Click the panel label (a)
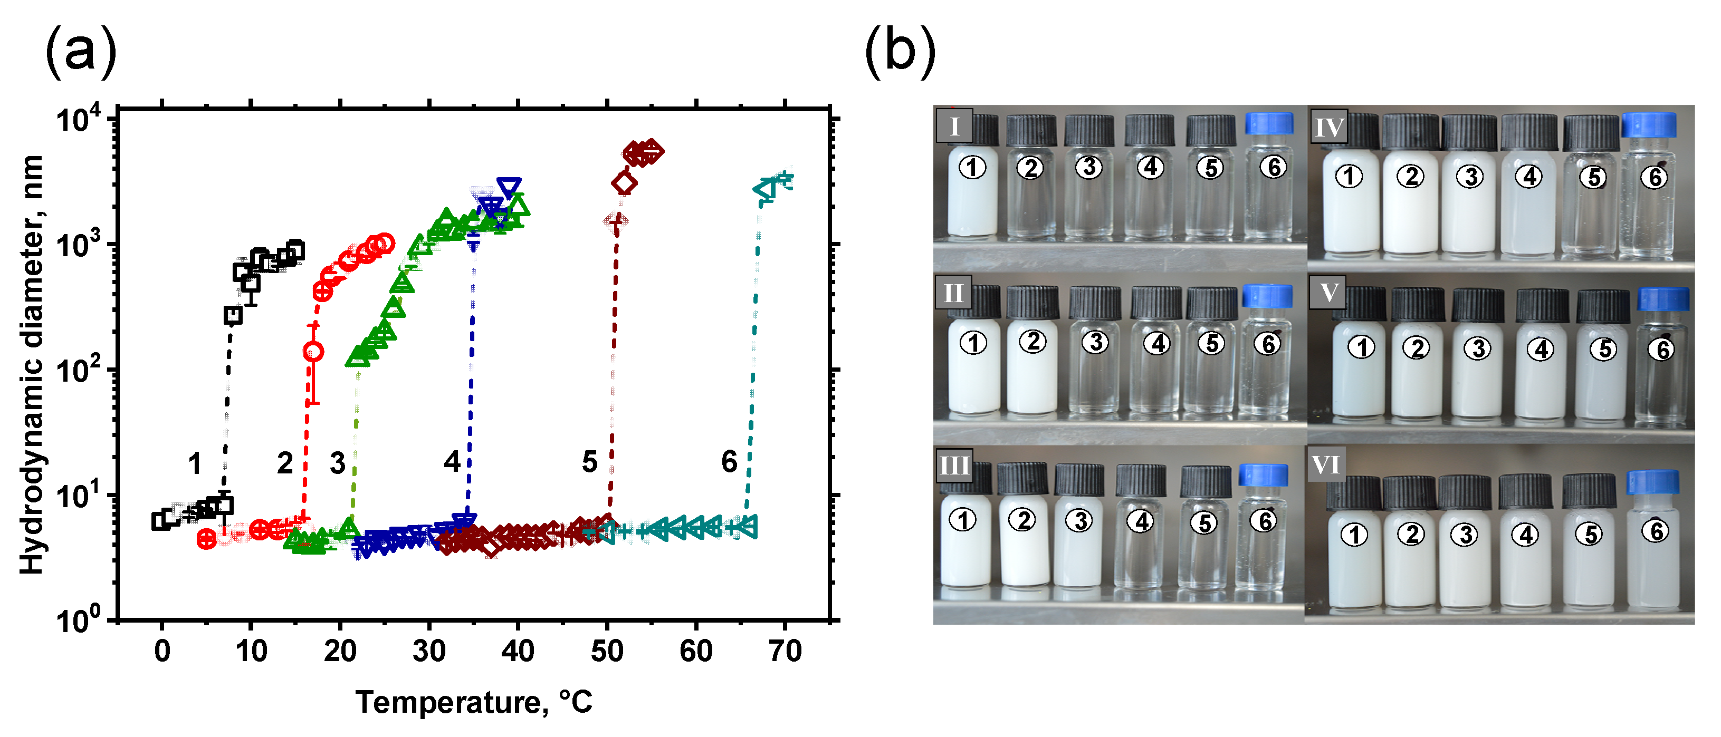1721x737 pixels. [x=81, y=52]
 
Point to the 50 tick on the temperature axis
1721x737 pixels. [x=607, y=651]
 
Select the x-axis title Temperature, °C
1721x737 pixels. [x=474, y=702]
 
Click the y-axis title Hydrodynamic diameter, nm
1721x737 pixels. [x=32, y=364]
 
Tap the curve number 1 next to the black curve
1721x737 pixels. [x=194, y=463]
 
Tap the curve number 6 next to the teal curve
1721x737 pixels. [x=729, y=461]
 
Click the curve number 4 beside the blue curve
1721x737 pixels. [x=452, y=461]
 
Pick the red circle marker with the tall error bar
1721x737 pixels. [x=313, y=351]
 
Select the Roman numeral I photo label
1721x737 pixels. [x=953, y=125]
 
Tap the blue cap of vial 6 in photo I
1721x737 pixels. [x=1269, y=123]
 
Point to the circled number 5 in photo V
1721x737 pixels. [x=1603, y=349]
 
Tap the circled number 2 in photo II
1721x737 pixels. [x=1032, y=342]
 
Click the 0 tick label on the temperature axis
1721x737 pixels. [x=161, y=651]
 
